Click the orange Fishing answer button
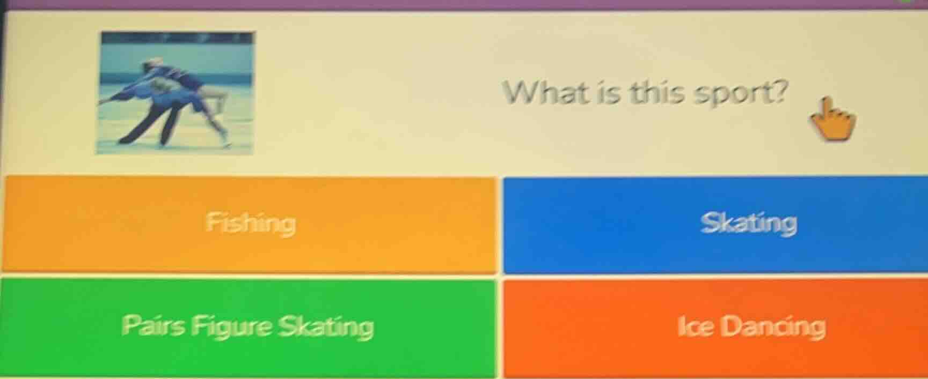(x=249, y=225)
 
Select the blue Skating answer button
(x=715, y=225)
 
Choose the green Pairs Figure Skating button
(x=248, y=328)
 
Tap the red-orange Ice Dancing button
(x=715, y=328)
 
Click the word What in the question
(x=545, y=92)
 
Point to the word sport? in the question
(x=740, y=95)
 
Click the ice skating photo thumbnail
(x=175, y=92)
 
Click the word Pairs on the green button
(x=154, y=325)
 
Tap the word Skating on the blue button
(x=748, y=224)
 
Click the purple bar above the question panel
(x=464, y=5)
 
